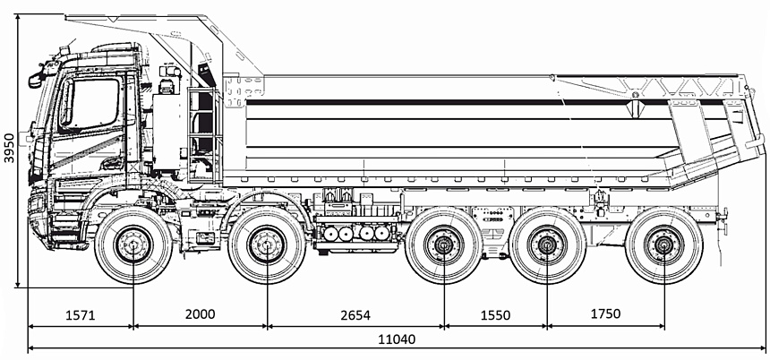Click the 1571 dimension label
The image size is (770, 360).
(x=82, y=314)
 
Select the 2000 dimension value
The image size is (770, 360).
(x=201, y=314)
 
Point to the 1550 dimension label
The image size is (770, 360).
(x=494, y=314)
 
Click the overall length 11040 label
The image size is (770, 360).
(x=396, y=340)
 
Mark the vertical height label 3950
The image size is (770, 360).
(x=9, y=149)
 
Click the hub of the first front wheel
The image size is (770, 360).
(x=133, y=245)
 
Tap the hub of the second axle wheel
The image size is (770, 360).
(x=267, y=245)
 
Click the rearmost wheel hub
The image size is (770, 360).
(x=663, y=245)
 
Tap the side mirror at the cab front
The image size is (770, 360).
(x=36, y=80)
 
